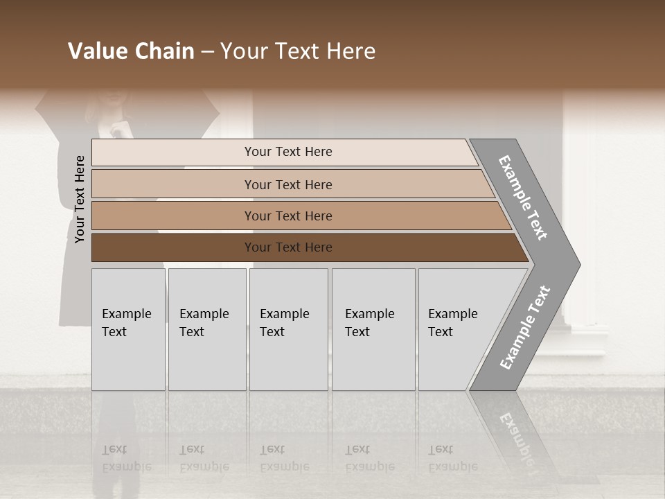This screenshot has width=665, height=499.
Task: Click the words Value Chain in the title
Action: click(131, 51)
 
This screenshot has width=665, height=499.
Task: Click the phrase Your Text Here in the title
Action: click(298, 51)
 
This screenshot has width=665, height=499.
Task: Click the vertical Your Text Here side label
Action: click(80, 199)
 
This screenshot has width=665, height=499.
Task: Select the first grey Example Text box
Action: click(128, 329)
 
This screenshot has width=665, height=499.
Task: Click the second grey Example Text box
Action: click(207, 329)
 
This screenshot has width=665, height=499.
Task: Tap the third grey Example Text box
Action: click(288, 329)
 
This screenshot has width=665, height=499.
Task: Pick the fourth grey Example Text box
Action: click(373, 329)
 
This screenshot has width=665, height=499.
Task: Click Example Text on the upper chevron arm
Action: click(523, 198)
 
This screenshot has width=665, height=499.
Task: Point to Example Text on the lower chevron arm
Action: click(524, 328)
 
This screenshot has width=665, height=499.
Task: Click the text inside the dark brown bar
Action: click(288, 247)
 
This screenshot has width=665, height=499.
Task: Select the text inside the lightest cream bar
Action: click(288, 152)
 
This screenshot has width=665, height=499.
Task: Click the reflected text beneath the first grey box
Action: click(126, 458)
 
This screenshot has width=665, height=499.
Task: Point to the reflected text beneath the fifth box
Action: click(452, 458)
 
